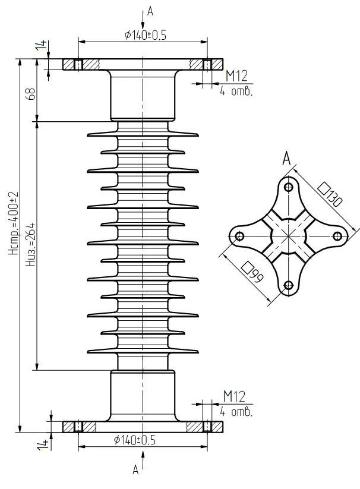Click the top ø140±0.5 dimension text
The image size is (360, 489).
point(145,35)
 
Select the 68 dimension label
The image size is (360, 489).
point(31,93)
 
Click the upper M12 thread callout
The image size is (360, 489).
point(236,75)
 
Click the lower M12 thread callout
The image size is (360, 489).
point(234,397)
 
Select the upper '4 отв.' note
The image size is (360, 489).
point(236,91)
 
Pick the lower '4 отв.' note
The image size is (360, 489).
point(236,411)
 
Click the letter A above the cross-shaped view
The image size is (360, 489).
point(286,158)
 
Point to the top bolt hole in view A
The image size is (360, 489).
point(288,188)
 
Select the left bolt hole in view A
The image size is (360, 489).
point(239,236)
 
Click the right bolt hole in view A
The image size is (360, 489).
point(337,236)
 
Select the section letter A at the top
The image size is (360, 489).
point(149,10)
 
